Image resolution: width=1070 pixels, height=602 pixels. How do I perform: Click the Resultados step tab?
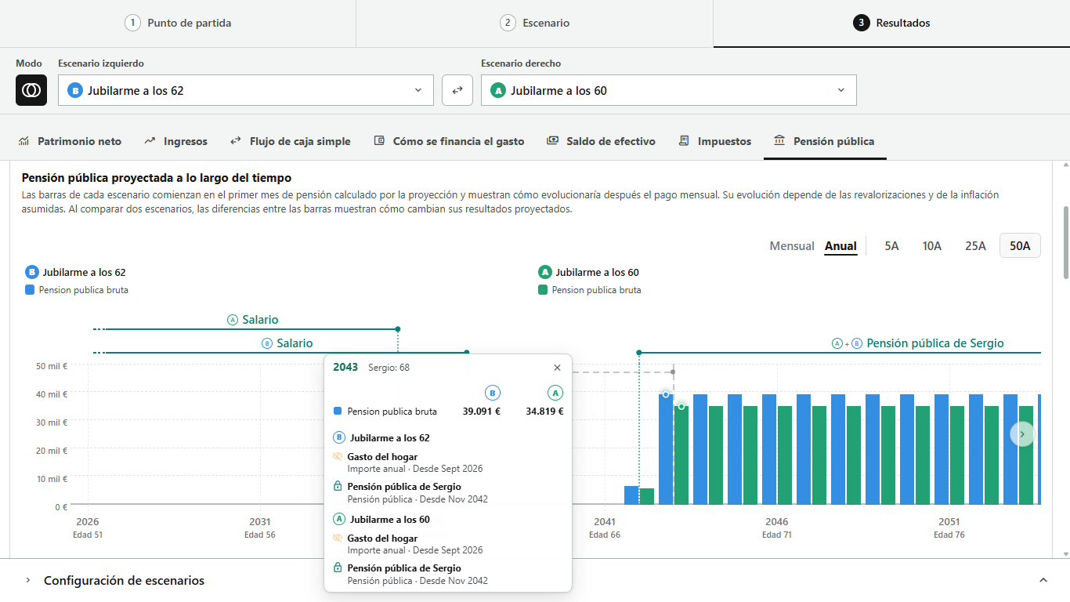point(891,23)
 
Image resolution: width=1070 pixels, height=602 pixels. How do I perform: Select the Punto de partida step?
point(178,23)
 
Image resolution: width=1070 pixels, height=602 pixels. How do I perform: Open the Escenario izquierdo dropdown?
point(245,90)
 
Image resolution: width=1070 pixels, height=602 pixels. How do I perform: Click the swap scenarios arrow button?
point(457,90)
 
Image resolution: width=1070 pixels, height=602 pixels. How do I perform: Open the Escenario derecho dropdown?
point(668,90)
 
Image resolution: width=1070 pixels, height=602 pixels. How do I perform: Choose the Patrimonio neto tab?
point(70,141)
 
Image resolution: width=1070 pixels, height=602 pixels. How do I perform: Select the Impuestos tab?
point(715,141)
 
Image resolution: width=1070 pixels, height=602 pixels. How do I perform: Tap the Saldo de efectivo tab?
point(601,141)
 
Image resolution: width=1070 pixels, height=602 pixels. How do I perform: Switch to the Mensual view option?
point(791,246)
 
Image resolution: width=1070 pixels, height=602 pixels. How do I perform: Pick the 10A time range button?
point(931,246)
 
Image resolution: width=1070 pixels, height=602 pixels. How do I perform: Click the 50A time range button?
point(1020,246)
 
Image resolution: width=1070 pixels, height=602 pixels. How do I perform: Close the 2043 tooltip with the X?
point(557,368)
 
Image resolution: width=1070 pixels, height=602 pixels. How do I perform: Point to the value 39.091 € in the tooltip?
point(481,412)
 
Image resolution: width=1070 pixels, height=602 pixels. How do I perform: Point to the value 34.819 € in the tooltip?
point(544,412)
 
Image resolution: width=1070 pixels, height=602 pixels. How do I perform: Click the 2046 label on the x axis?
point(777,522)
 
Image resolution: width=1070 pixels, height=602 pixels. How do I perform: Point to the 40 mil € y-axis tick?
point(52,394)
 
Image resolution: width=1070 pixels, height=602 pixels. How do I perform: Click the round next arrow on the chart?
point(1022,434)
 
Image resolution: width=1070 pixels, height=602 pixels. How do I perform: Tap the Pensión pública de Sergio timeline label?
point(934,343)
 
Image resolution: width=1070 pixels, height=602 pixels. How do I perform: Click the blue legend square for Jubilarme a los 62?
point(30,290)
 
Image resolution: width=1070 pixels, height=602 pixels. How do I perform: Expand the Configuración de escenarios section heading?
point(124,580)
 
